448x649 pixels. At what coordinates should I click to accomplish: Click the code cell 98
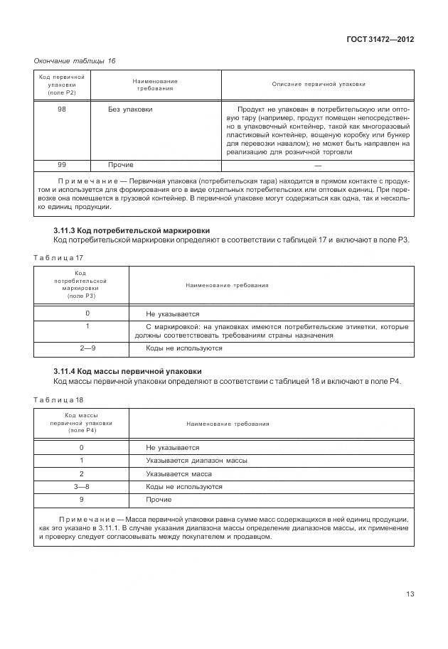coord(62,109)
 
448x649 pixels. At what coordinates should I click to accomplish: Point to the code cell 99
coord(62,164)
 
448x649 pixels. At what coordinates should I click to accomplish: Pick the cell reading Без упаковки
coord(130,109)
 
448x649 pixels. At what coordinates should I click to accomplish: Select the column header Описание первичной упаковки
coord(319,84)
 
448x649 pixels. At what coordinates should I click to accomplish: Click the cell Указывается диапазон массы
coord(196,461)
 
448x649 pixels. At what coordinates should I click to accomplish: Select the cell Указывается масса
coord(178,473)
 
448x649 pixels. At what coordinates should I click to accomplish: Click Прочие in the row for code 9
coord(159,500)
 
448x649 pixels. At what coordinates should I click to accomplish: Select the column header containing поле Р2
coord(62,84)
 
